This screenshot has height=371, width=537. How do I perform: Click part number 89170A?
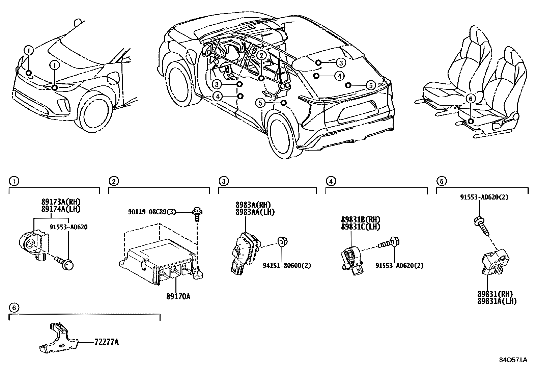click(x=178, y=296)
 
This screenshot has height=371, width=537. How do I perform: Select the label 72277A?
click(x=107, y=342)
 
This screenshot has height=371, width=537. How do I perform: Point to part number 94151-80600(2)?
click(x=287, y=266)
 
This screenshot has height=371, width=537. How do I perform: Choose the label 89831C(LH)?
click(x=360, y=227)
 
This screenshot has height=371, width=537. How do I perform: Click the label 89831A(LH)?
click(x=497, y=301)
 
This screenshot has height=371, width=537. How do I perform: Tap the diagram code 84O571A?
click(x=513, y=360)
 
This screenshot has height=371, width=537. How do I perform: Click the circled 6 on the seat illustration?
click(x=471, y=99)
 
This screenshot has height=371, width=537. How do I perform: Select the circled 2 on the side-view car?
click(x=261, y=55)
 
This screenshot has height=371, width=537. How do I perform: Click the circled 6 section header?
click(x=13, y=308)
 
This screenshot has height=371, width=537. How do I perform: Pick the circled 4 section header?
click(x=331, y=181)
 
